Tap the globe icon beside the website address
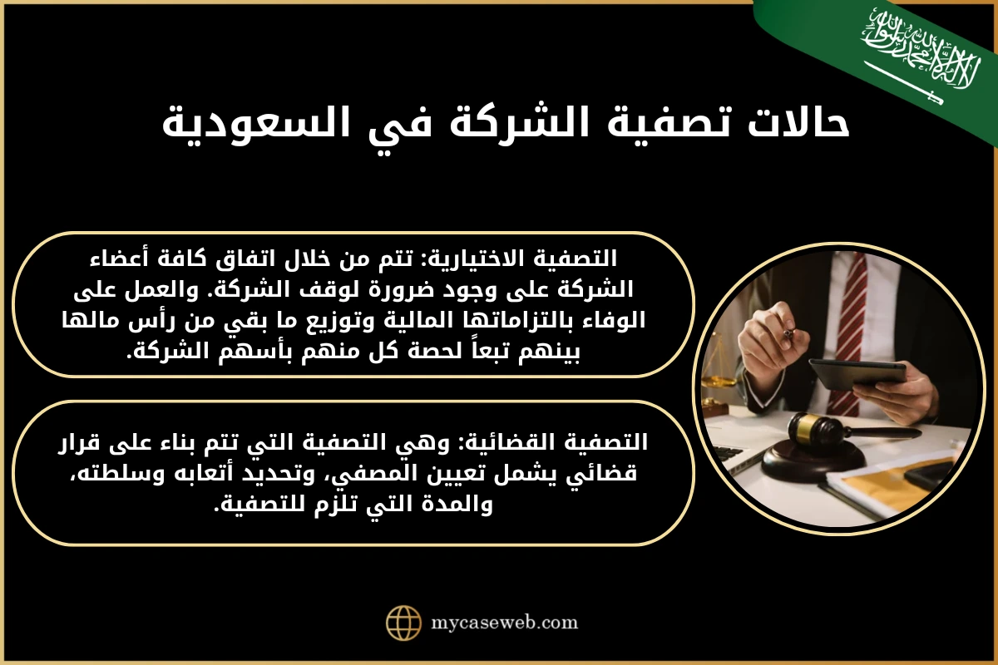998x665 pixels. click(x=405, y=623)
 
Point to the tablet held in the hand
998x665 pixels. click(x=857, y=375)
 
